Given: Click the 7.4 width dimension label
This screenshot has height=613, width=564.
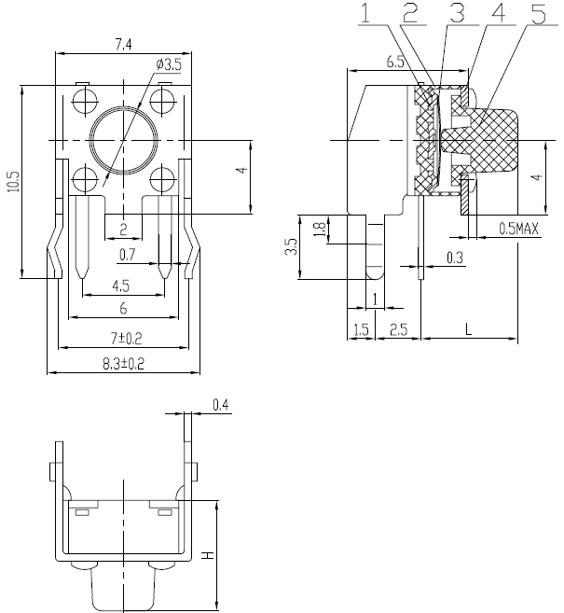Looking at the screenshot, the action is (123, 45).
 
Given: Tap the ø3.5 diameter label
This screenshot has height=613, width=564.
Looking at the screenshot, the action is (169, 64).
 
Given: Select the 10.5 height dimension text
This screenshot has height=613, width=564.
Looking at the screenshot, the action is (14, 181).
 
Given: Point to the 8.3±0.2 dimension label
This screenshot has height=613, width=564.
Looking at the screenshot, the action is (123, 364).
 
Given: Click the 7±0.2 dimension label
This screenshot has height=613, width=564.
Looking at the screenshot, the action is (126, 338).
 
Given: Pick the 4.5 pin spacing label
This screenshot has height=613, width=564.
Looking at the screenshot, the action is (120, 286).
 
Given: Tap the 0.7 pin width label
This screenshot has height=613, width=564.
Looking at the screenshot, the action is (128, 255).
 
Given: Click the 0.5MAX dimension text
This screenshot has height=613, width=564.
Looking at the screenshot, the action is (518, 229).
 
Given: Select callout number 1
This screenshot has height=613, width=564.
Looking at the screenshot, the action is (365, 13).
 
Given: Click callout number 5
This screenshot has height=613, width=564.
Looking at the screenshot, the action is (539, 13).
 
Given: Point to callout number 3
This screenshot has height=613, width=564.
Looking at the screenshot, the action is (457, 13).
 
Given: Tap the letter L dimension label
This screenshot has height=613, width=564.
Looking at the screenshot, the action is (469, 329).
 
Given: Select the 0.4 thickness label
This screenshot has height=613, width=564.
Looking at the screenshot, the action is (221, 405).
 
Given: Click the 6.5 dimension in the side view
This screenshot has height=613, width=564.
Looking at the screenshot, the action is (395, 62).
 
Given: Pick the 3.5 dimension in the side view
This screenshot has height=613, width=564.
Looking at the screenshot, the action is (291, 247).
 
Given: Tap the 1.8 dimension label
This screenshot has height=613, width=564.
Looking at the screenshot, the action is (319, 230).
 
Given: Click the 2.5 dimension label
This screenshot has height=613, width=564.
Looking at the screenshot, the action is (398, 330).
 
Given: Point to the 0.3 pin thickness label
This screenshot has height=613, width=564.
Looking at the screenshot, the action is (455, 258).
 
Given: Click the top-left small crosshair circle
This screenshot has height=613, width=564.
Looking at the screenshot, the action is (84, 102).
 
